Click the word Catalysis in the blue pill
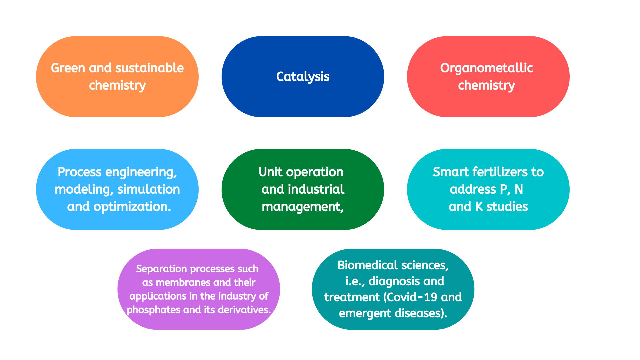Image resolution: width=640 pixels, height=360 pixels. tap(303, 77)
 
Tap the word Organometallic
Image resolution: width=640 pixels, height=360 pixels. tap(486, 68)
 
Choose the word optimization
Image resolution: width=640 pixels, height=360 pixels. tap(132, 207)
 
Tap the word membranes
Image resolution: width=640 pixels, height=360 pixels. tap(183, 283)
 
